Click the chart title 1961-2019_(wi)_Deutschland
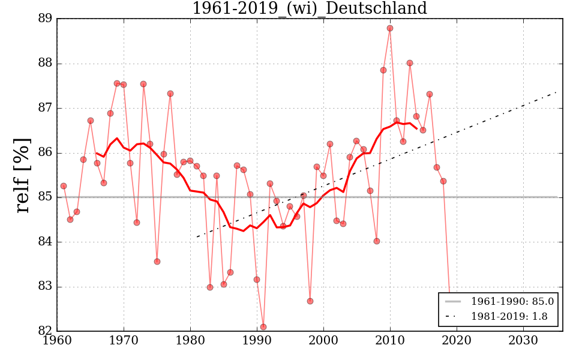[310, 9]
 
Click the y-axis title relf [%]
[22, 175]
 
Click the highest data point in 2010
[390, 28]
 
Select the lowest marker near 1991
[263, 327]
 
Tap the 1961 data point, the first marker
[64, 186]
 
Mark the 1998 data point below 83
[310, 301]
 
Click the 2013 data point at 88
[410, 63]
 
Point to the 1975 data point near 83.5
[157, 262]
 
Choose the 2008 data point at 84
[377, 241]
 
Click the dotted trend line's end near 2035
[556, 92]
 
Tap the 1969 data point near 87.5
[117, 83]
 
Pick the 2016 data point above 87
[430, 94]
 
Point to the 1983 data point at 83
[210, 287]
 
